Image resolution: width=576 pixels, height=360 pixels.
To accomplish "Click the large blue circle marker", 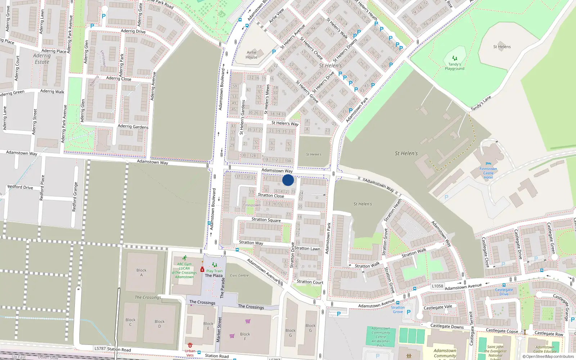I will point(288,180).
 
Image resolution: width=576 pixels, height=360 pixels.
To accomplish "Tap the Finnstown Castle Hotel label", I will point(488,173).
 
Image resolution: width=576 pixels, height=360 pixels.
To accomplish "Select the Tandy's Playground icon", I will point(455,58).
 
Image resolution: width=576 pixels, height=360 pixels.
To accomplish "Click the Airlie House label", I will point(252,55).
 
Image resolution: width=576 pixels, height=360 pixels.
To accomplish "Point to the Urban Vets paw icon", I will point(190,345).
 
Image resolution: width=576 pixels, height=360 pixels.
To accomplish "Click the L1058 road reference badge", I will point(437,286).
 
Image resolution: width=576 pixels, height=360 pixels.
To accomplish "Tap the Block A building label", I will point(141,273).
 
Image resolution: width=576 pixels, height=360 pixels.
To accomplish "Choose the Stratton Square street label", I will point(266,220).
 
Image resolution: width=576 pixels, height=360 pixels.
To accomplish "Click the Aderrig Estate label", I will point(42,59).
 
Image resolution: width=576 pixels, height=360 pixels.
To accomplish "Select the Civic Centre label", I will point(239,275).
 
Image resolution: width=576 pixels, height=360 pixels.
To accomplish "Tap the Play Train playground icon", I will point(215,265).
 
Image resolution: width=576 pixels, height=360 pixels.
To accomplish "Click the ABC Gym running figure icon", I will point(185,258).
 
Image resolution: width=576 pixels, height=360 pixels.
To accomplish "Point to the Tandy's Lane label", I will point(481,103).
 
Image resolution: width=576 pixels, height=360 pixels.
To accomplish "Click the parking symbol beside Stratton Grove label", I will point(409,312).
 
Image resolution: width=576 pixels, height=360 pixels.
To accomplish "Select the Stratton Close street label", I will point(271,195).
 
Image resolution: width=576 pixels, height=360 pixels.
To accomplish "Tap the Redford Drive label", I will point(20,187).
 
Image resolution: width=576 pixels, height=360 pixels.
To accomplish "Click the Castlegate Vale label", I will point(438,307).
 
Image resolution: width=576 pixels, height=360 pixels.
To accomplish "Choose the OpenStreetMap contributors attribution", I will point(548,357).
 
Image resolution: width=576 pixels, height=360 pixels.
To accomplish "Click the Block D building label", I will point(159,324).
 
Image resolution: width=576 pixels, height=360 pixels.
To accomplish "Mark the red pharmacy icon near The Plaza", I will point(202,269).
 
